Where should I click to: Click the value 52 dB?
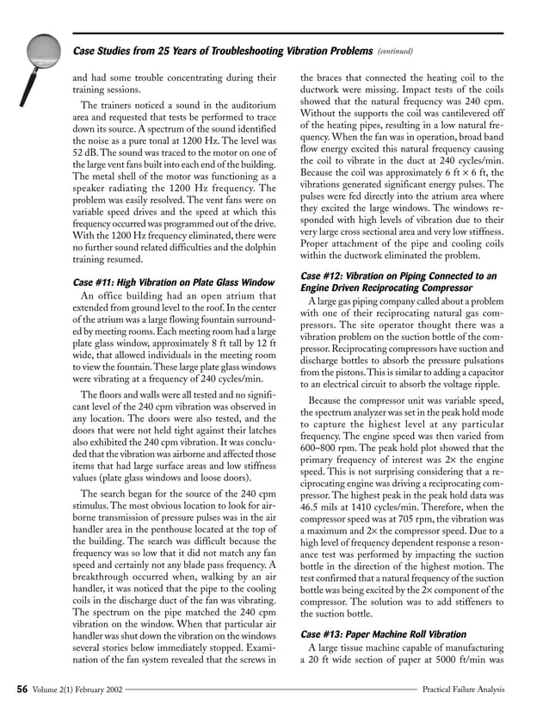84,161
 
